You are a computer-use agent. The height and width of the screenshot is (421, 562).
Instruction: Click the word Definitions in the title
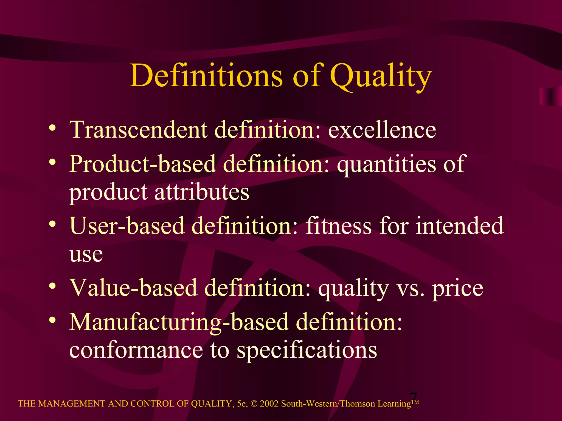click(206, 75)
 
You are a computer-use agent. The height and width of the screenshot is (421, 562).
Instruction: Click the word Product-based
click(142, 164)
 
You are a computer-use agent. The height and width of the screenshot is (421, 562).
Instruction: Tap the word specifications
click(307, 351)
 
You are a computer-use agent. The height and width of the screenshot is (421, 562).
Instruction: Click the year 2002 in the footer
click(269, 404)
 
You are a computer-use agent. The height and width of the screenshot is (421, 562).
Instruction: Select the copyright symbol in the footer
click(254, 404)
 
